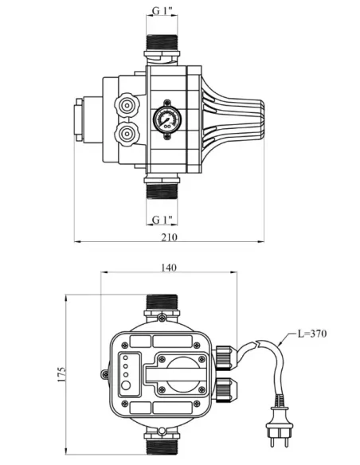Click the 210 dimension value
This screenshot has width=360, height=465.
(169, 237)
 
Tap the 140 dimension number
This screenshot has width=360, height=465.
(168, 268)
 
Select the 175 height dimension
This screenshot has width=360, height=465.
(61, 374)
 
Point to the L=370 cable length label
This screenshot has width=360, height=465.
(312, 334)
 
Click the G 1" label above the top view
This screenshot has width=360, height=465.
(162, 11)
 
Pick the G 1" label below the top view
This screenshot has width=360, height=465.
(162, 220)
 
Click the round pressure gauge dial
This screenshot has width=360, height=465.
(167, 119)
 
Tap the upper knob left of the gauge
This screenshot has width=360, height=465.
(127, 106)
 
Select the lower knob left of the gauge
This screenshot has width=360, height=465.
(127, 134)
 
